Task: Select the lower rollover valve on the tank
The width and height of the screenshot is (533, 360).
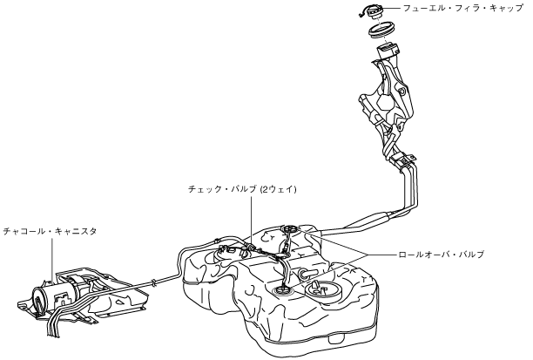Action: point(285,290)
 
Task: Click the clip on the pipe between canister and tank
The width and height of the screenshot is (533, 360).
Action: point(153,281)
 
